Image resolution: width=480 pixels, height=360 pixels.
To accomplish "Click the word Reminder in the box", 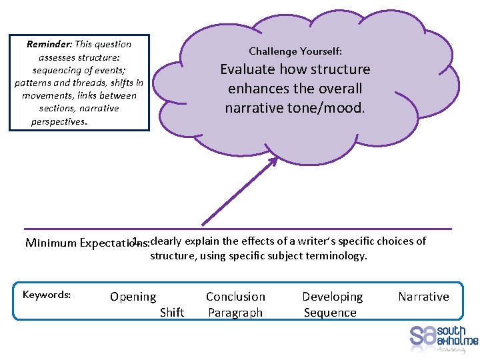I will (x=49, y=45).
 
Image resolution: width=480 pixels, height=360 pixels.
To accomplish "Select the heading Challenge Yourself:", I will (x=295, y=51).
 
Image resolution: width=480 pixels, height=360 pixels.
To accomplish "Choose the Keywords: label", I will (x=47, y=295).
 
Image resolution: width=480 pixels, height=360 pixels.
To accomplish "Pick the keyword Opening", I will (x=133, y=297).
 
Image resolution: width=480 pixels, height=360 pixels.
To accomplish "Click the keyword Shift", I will (x=172, y=313).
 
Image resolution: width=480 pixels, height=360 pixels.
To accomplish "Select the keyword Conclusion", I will (x=235, y=297).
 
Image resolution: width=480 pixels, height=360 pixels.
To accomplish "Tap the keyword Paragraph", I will (x=235, y=313).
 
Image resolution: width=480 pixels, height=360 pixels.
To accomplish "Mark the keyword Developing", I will (x=332, y=297).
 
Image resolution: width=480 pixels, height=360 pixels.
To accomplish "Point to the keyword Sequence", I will (x=330, y=313).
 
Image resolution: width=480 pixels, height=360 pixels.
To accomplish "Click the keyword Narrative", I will (x=423, y=297).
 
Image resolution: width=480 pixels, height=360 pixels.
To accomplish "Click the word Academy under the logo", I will (x=451, y=347).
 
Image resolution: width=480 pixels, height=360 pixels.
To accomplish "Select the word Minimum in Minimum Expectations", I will (x=51, y=243).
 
